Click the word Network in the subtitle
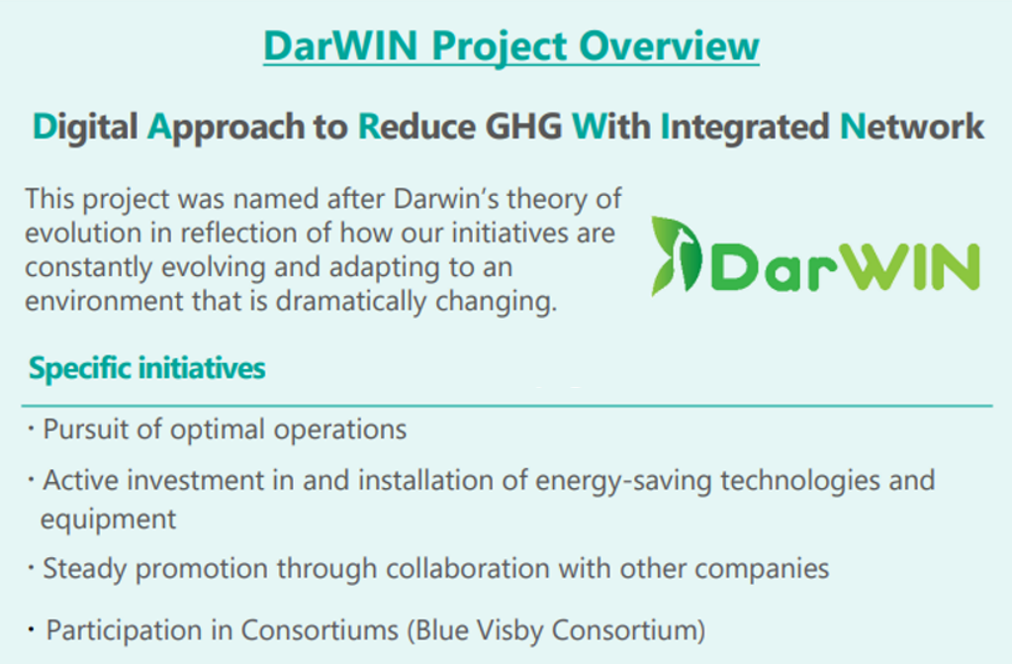[911, 127]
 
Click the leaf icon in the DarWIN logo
[677, 255]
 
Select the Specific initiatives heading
[147, 369]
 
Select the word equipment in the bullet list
[108, 518]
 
